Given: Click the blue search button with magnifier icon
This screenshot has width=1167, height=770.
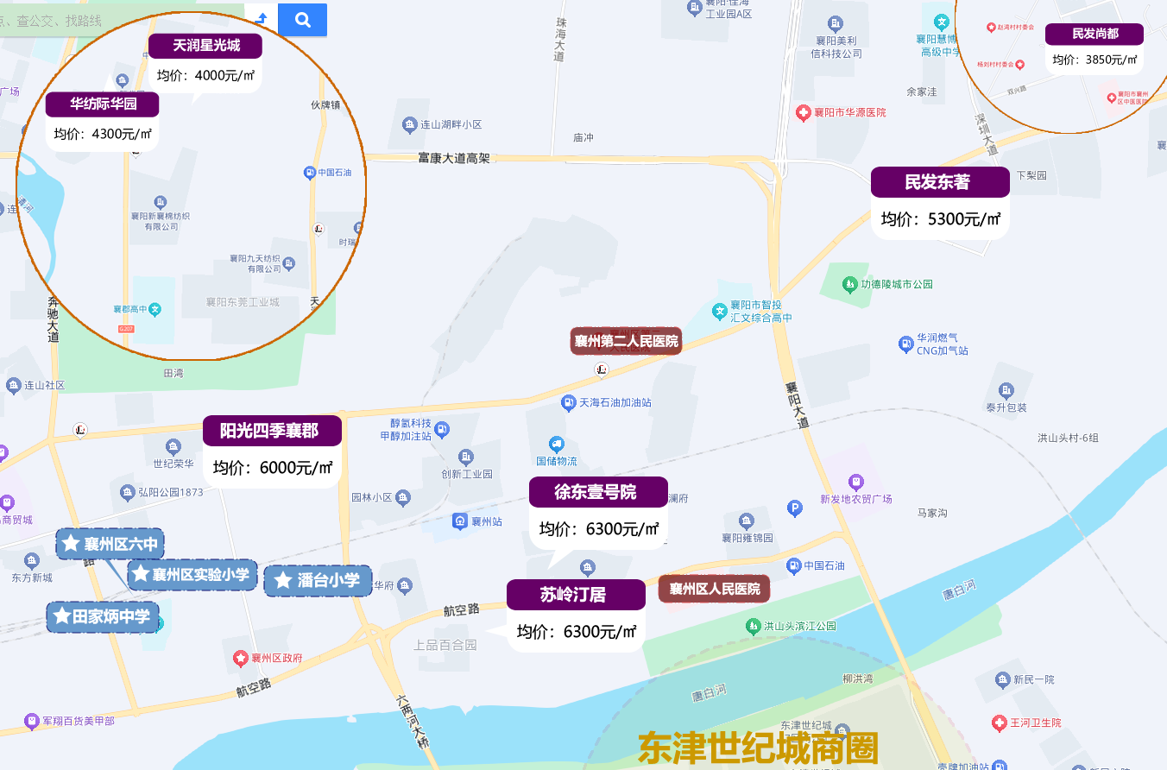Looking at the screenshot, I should (302, 20).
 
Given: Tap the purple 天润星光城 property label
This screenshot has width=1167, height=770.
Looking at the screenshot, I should (205, 46).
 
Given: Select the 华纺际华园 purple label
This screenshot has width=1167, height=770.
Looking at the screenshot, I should (103, 104).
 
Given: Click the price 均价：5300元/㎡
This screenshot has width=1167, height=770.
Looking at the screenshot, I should (940, 219).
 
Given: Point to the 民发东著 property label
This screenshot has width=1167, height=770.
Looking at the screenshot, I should (940, 182).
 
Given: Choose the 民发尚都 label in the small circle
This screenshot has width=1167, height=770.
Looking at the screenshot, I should (1094, 34).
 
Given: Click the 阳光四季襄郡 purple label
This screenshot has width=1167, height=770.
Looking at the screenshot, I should (272, 431).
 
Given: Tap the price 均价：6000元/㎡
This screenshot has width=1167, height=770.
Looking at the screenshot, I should (272, 468).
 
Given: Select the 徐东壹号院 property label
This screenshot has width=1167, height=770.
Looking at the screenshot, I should (598, 492).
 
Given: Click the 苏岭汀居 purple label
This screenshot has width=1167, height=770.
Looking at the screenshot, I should (576, 595).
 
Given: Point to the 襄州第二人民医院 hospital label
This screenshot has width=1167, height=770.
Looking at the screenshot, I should (626, 341).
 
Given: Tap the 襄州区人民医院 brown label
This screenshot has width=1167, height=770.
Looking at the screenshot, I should (714, 589).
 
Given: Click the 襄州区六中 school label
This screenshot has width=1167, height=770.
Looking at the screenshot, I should (110, 544).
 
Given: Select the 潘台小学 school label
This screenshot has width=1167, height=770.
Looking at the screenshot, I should (318, 580).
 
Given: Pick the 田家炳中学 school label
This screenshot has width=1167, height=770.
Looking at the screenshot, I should (103, 616).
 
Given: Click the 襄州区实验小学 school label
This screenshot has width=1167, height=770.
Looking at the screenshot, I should (192, 574).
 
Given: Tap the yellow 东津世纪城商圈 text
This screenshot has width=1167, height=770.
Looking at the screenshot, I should (757, 748).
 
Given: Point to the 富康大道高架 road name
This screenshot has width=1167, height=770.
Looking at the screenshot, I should (453, 158).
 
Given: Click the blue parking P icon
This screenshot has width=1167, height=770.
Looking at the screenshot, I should (795, 509).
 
